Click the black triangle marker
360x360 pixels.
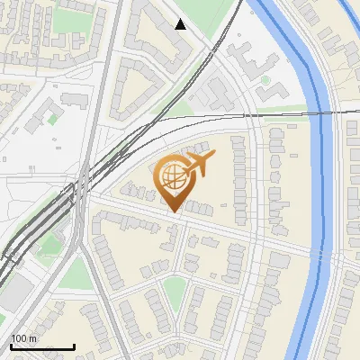point(181,24)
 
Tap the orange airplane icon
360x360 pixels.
point(197,165)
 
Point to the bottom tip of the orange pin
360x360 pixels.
point(173,212)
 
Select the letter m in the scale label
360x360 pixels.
point(33,338)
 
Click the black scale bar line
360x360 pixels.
point(41,346)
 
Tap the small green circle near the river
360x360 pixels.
point(266,80)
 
